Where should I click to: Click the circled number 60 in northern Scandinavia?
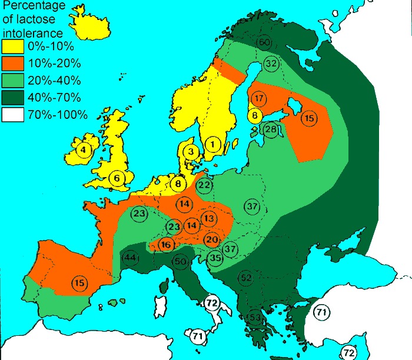[x=264, y=42]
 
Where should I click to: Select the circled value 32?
[x=271, y=64]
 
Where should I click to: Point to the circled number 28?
[x=271, y=129]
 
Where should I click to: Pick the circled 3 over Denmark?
[x=191, y=152]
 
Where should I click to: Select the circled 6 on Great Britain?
[x=117, y=178]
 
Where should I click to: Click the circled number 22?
[x=204, y=186]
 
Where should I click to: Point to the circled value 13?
[x=209, y=218]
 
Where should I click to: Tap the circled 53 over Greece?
[x=254, y=318]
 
